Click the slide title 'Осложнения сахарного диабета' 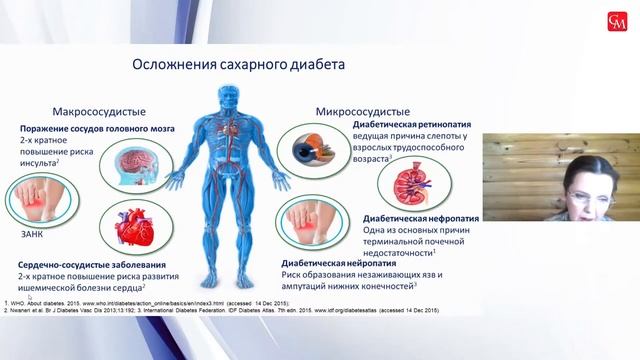pos(239,65)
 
